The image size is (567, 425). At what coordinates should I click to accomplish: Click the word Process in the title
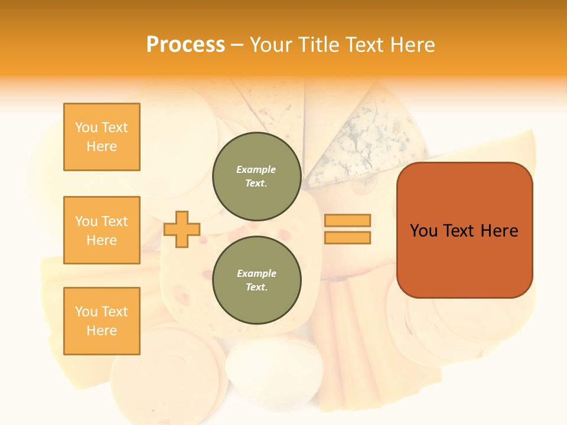pos(185,45)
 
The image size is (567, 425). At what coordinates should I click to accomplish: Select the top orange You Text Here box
pos(102,137)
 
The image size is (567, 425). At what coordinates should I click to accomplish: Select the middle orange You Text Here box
pos(102,230)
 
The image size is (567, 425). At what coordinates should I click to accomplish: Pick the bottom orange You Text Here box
pos(102,321)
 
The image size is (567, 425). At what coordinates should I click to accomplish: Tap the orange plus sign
pos(182,229)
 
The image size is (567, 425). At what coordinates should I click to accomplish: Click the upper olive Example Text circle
pos(256,176)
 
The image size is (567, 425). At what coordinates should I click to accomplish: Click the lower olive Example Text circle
pos(256,280)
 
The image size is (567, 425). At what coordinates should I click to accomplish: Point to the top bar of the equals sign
pos(347,220)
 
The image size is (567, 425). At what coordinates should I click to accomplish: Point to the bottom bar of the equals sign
pos(347,238)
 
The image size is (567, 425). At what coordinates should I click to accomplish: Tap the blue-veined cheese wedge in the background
pos(366,142)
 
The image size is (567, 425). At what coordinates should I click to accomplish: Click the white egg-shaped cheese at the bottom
pos(275,372)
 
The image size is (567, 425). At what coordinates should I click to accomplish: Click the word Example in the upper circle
pos(256,169)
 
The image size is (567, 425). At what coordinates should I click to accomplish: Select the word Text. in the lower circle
pos(256,287)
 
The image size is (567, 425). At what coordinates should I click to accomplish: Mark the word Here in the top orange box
pos(102,146)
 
